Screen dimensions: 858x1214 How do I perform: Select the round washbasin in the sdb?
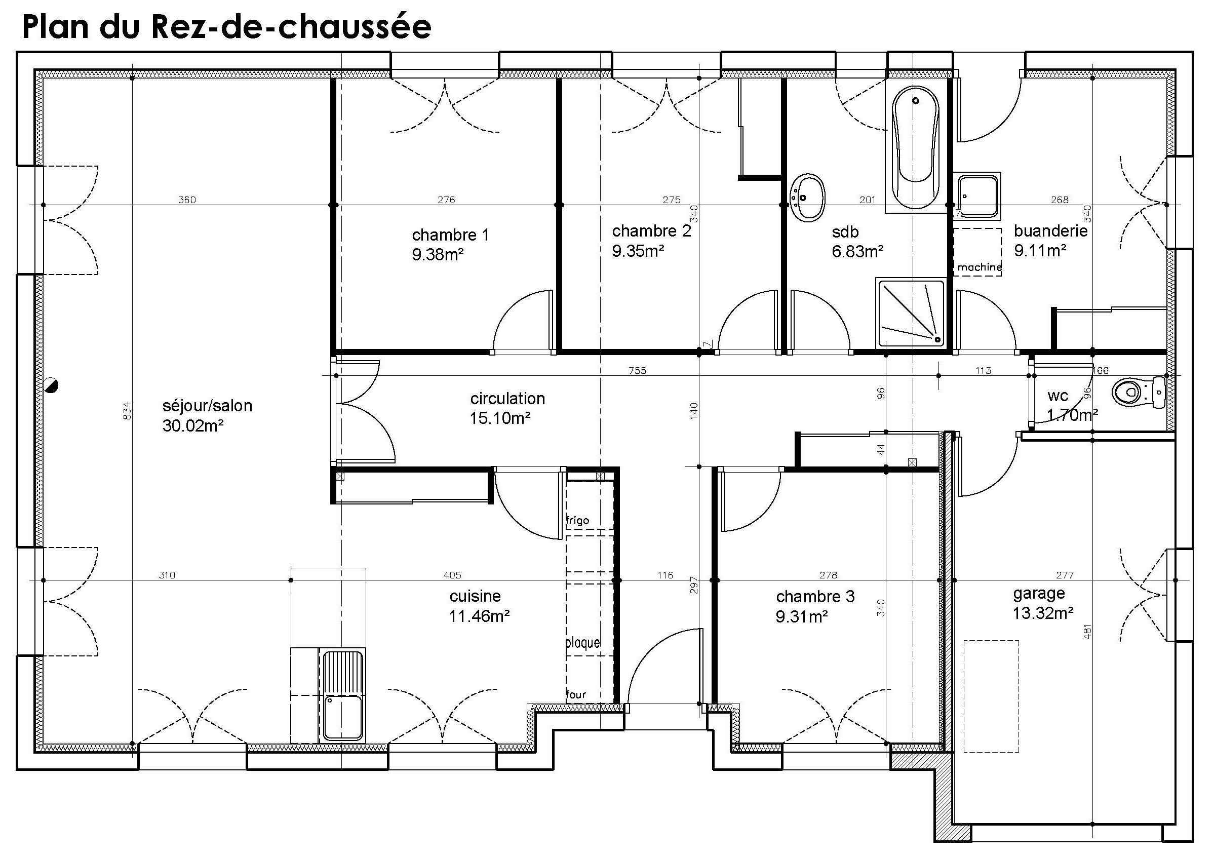807,198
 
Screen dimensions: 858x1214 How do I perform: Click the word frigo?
577,520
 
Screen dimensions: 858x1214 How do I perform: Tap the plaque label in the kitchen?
582,643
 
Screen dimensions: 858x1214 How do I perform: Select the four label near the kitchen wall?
576,694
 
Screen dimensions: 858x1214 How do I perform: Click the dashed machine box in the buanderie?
977,252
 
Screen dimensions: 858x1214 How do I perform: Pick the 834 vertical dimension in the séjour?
127,411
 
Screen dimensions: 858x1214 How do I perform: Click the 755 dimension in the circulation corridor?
637,371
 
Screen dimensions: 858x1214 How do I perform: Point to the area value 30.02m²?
192,425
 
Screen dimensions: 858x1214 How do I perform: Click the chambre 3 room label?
815,597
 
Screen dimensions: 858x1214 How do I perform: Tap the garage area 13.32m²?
1043,613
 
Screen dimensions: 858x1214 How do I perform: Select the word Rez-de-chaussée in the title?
291,27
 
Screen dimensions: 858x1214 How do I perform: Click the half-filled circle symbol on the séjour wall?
51,386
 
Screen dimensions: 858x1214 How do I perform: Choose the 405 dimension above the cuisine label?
452,575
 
